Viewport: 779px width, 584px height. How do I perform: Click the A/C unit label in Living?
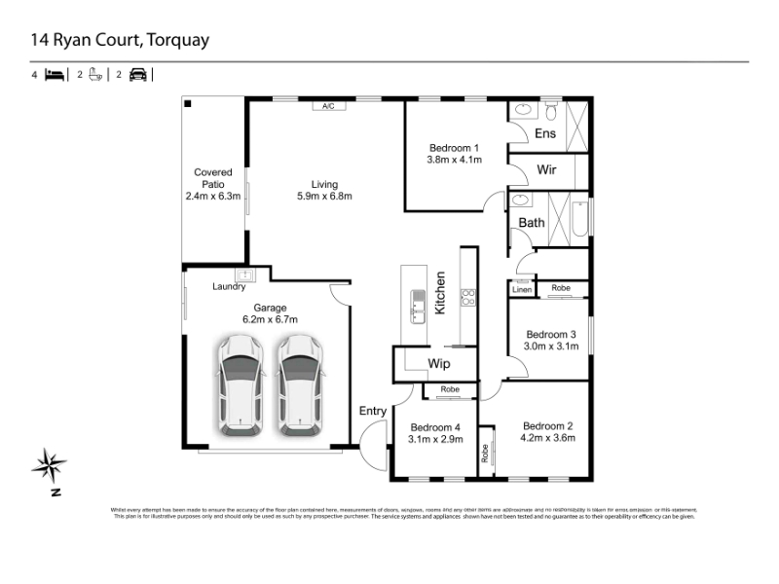329,106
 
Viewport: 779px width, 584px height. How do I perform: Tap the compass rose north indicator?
49,465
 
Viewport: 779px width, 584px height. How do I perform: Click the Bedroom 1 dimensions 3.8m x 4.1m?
455,159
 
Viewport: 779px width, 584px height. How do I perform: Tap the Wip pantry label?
438,364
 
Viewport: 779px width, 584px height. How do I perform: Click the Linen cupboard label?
522,288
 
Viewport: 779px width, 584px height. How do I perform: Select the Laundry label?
229,287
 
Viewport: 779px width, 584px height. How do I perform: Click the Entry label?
373,411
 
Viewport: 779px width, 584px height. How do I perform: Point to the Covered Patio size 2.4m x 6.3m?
212,196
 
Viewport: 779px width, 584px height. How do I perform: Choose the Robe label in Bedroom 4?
449,389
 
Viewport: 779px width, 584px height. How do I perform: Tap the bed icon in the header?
55,74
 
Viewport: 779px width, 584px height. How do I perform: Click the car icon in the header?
137,74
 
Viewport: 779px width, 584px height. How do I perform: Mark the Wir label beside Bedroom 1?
546,169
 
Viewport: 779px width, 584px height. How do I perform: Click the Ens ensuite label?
545,133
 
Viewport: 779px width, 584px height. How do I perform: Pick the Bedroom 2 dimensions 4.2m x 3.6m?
548,438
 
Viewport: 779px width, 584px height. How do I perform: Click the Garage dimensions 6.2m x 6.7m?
270,319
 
